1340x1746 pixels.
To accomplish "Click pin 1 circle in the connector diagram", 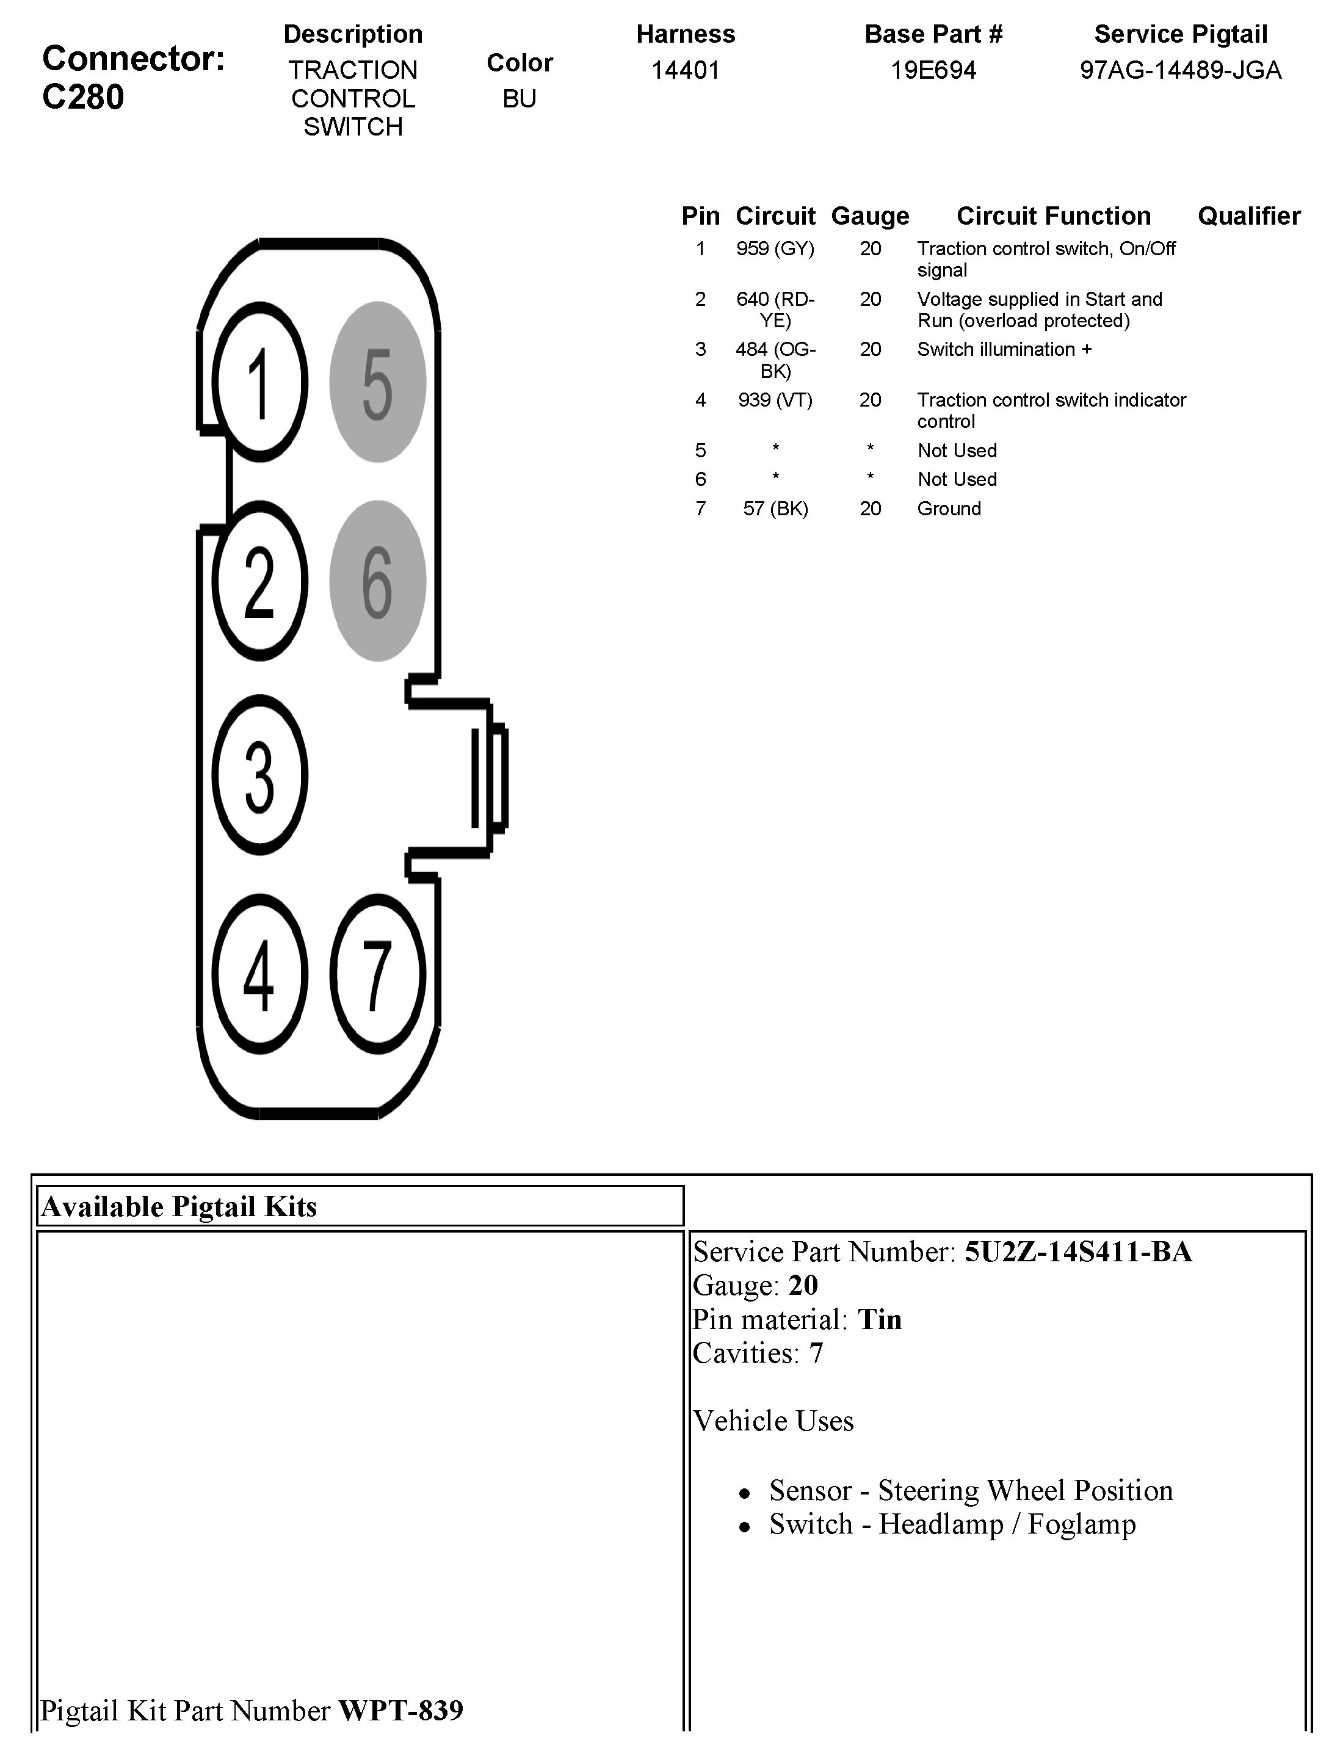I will (x=259, y=382).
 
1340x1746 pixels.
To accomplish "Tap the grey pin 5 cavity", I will (x=377, y=382).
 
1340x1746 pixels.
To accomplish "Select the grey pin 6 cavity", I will (x=377, y=581).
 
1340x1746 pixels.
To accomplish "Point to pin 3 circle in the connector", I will (x=259, y=775).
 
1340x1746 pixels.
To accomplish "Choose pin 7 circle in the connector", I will (x=377, y=973).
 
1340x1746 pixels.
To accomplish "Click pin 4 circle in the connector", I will (x=259, y=973).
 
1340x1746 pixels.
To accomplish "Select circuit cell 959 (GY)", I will (x=775, y=249).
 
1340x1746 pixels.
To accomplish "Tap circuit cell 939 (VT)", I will (x=775, y=400).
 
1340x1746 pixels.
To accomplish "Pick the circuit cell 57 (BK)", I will (x=775, y=509).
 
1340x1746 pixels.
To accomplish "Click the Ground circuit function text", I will (x=948, y=509).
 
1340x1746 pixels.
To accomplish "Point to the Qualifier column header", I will (x=1248, y=216).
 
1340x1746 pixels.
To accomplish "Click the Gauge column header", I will (x=869, y=216).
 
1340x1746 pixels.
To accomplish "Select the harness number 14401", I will (x=685, y=70).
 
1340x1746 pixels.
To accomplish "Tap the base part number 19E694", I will (x=932, y=70).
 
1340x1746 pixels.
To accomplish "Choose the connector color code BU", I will (x=520, y=98).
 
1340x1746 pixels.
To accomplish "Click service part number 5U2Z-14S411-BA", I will (x=1077, y=1252).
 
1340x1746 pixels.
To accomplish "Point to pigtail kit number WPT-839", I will (x=400, y=1710).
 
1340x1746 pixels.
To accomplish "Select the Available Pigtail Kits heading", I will (x=179, y=1207).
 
